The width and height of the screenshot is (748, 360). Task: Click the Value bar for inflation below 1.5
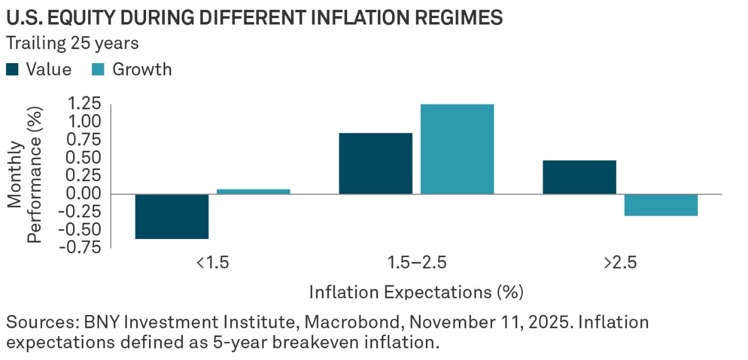[x=172, y=216]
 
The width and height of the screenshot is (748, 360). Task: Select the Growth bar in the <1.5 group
[x=254, y=191]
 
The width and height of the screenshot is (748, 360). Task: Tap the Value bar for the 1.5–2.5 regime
[x=375, y=164]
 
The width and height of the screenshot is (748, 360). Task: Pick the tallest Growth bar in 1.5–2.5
[x=457, y=149]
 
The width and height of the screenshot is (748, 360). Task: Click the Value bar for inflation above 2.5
[x=579, y=177]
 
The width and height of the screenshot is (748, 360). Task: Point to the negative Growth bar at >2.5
[x=661, y=205]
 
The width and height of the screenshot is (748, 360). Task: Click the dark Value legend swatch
[x=12, y=70]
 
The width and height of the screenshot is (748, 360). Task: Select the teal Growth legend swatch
[x=98, y=70]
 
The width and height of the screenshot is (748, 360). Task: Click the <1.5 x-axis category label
[x=213, y=262]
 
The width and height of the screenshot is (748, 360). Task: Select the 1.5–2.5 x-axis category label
[x=417, y=262]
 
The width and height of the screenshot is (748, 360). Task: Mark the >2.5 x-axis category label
[x=620, y=262]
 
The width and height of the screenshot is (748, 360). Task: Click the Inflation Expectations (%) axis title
[x=416, y=291]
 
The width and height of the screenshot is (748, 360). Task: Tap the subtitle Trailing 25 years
[x=73, y=43]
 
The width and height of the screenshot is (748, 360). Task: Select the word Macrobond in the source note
[x=357, y=322]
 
